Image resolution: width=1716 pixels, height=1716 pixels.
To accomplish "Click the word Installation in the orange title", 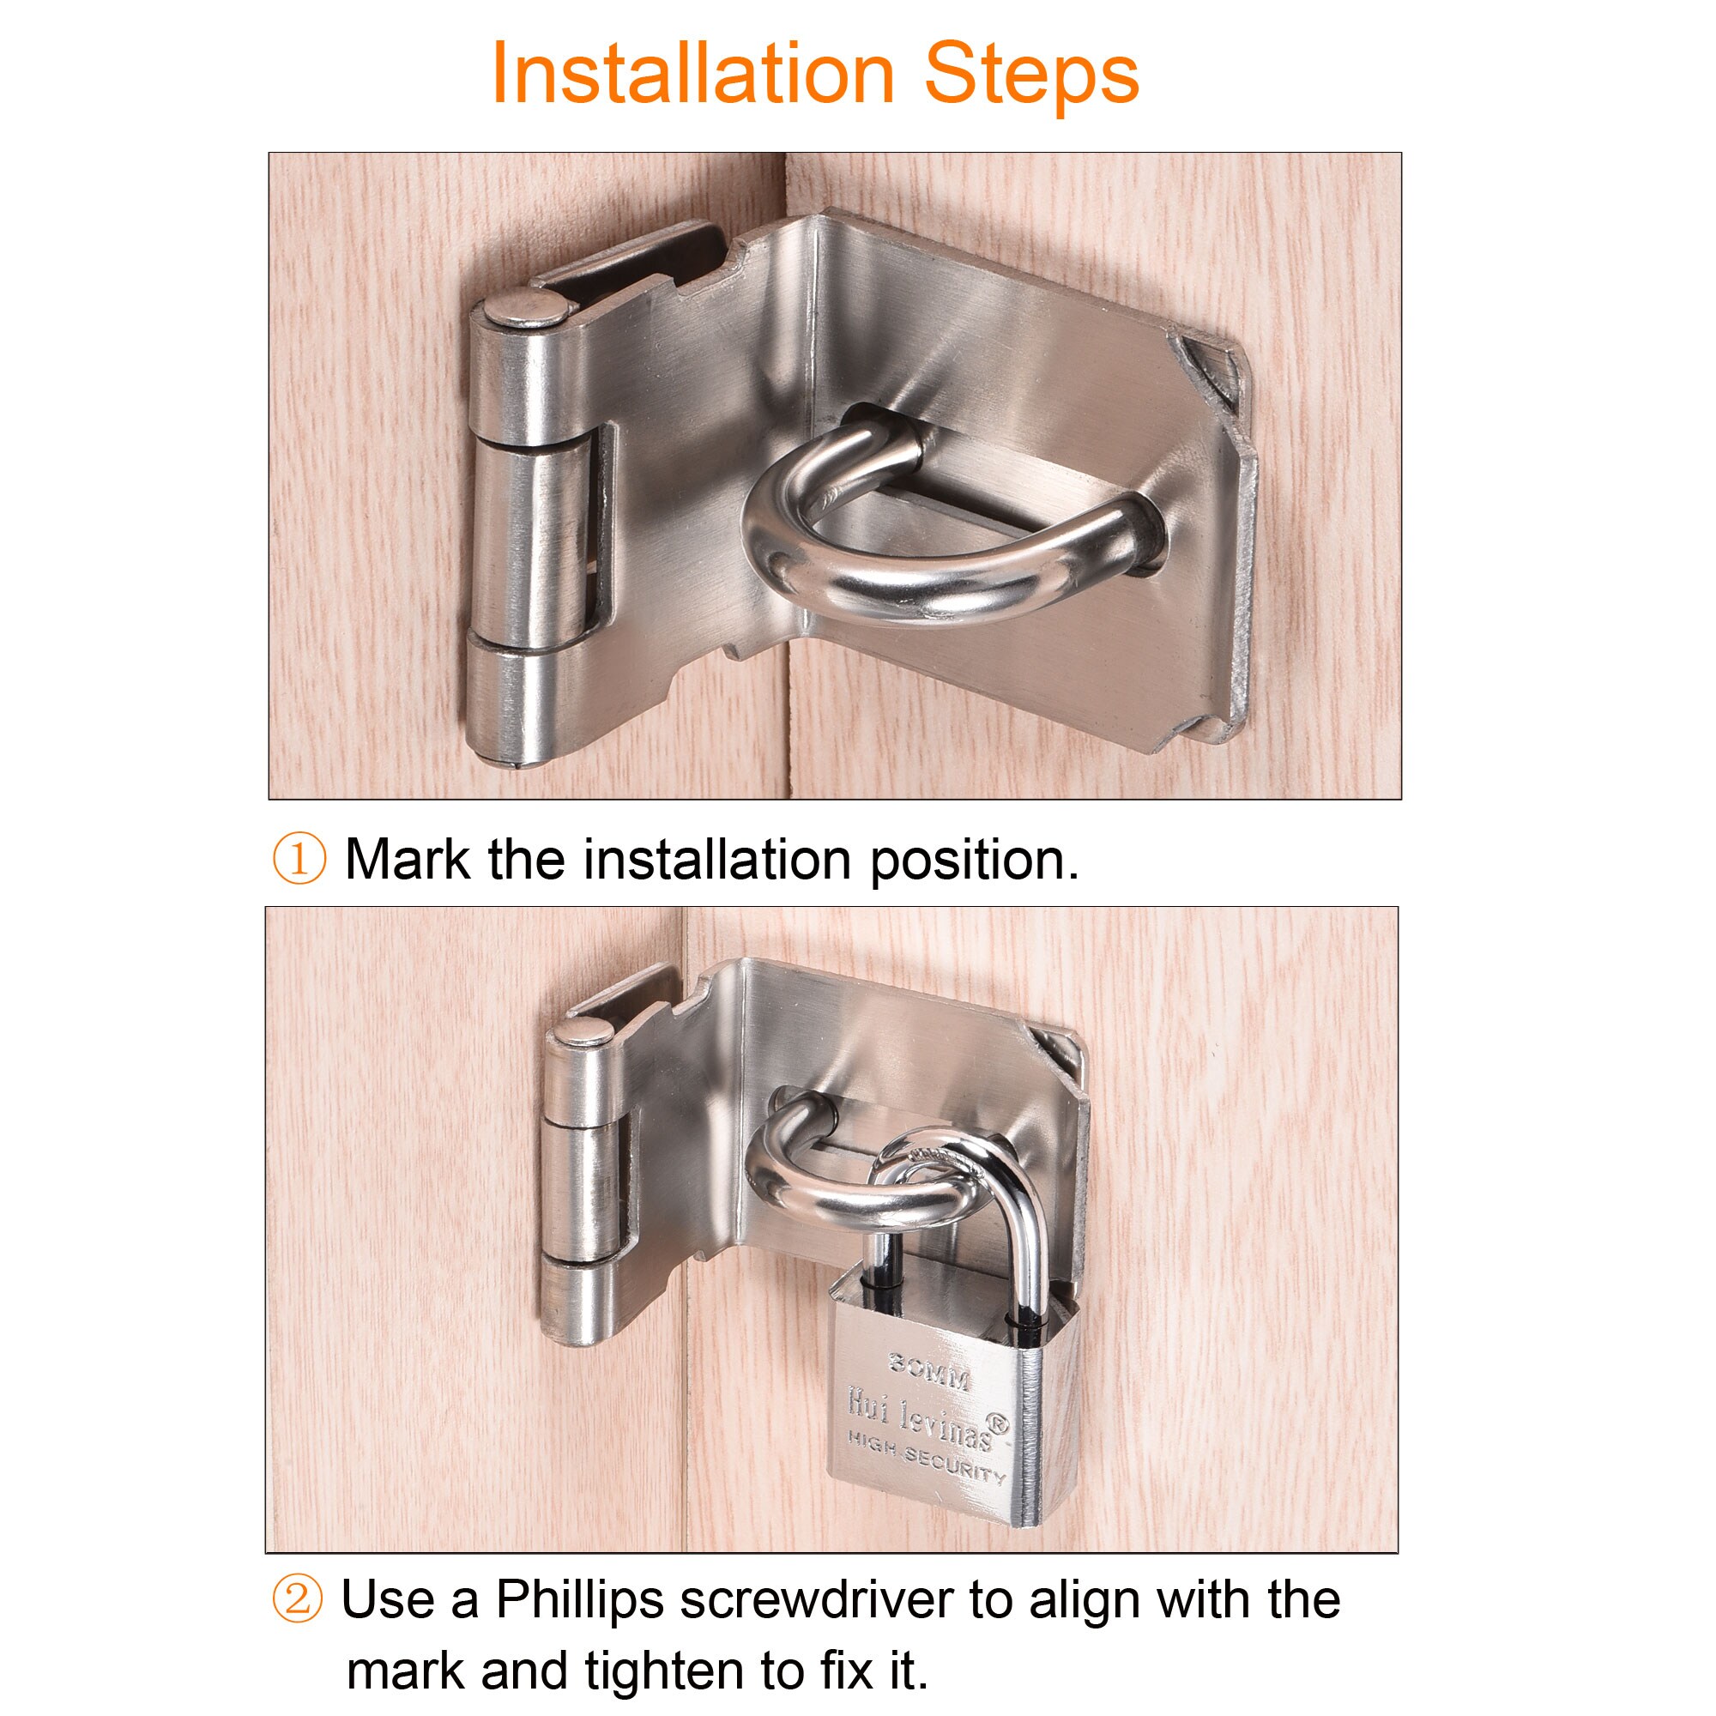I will pos(692,75).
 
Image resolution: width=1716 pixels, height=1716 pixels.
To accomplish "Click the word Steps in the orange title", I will pos(1031,75).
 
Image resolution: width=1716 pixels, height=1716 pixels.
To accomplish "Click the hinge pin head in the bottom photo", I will pos(583,1031).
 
